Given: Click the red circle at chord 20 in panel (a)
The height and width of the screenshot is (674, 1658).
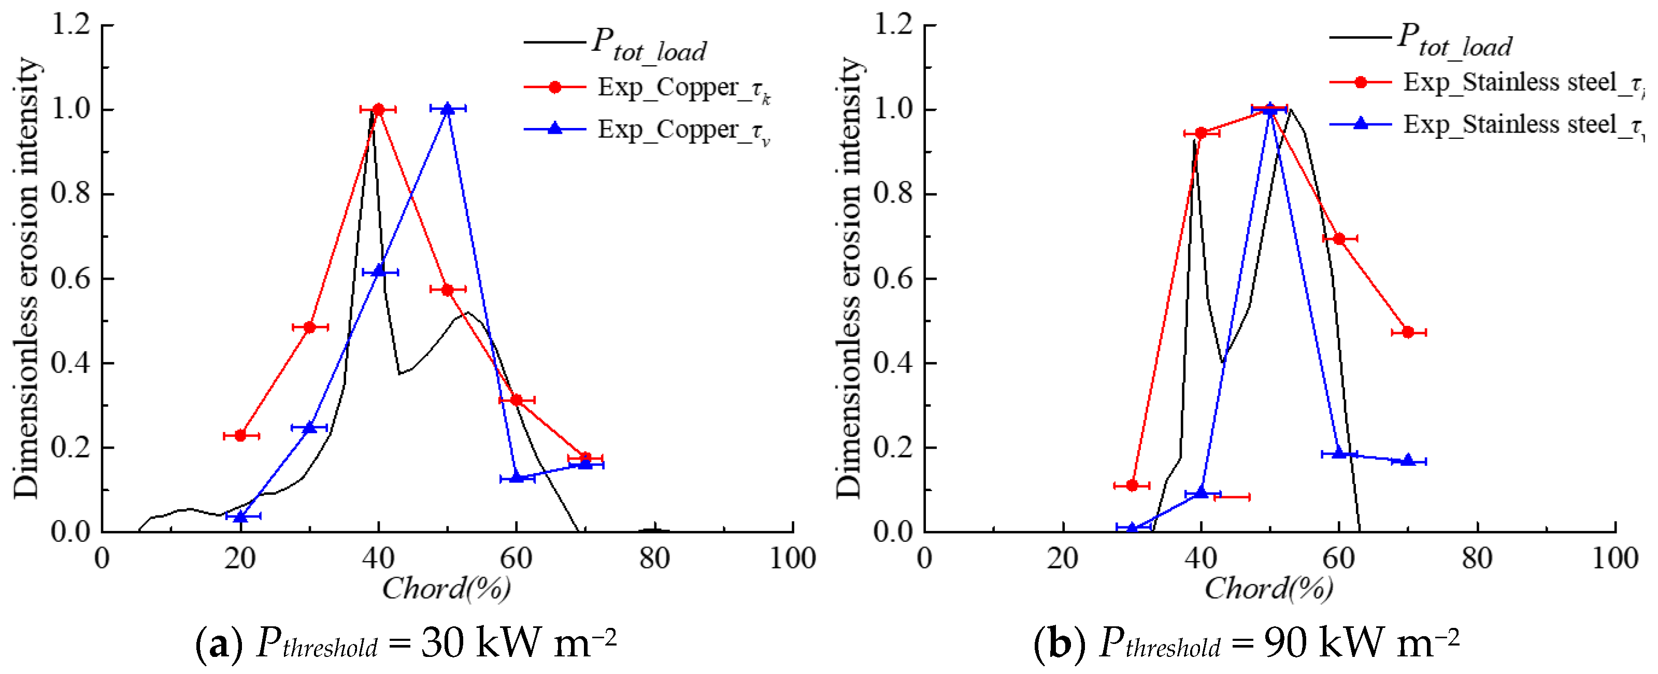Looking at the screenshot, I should (x=241, y=436).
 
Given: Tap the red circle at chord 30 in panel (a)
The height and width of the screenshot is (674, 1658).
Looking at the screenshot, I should (x=310, y=327).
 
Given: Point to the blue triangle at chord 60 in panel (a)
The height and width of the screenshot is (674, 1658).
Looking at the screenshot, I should (x=517, y=478).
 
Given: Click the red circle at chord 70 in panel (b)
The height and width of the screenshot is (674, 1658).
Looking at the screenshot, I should (x=1408, y=332).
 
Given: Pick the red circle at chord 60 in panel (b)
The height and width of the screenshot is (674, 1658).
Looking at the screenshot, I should (x=1339, y=239).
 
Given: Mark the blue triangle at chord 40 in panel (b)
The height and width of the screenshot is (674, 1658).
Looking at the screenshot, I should (x=1201, y=493).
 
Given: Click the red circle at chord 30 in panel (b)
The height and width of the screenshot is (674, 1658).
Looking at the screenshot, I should (x=1132, y=485).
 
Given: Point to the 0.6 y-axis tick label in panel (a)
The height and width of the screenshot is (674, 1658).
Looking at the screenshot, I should (x=71, y=278).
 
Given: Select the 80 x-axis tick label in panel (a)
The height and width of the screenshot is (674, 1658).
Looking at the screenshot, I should (x=654, y=558).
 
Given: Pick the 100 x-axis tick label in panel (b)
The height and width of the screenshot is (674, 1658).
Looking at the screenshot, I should (x=1615, y=558).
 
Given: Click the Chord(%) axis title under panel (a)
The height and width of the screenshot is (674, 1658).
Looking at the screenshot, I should (x=447, y=587).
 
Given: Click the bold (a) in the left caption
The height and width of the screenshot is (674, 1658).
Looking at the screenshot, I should (x=219, y=642).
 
